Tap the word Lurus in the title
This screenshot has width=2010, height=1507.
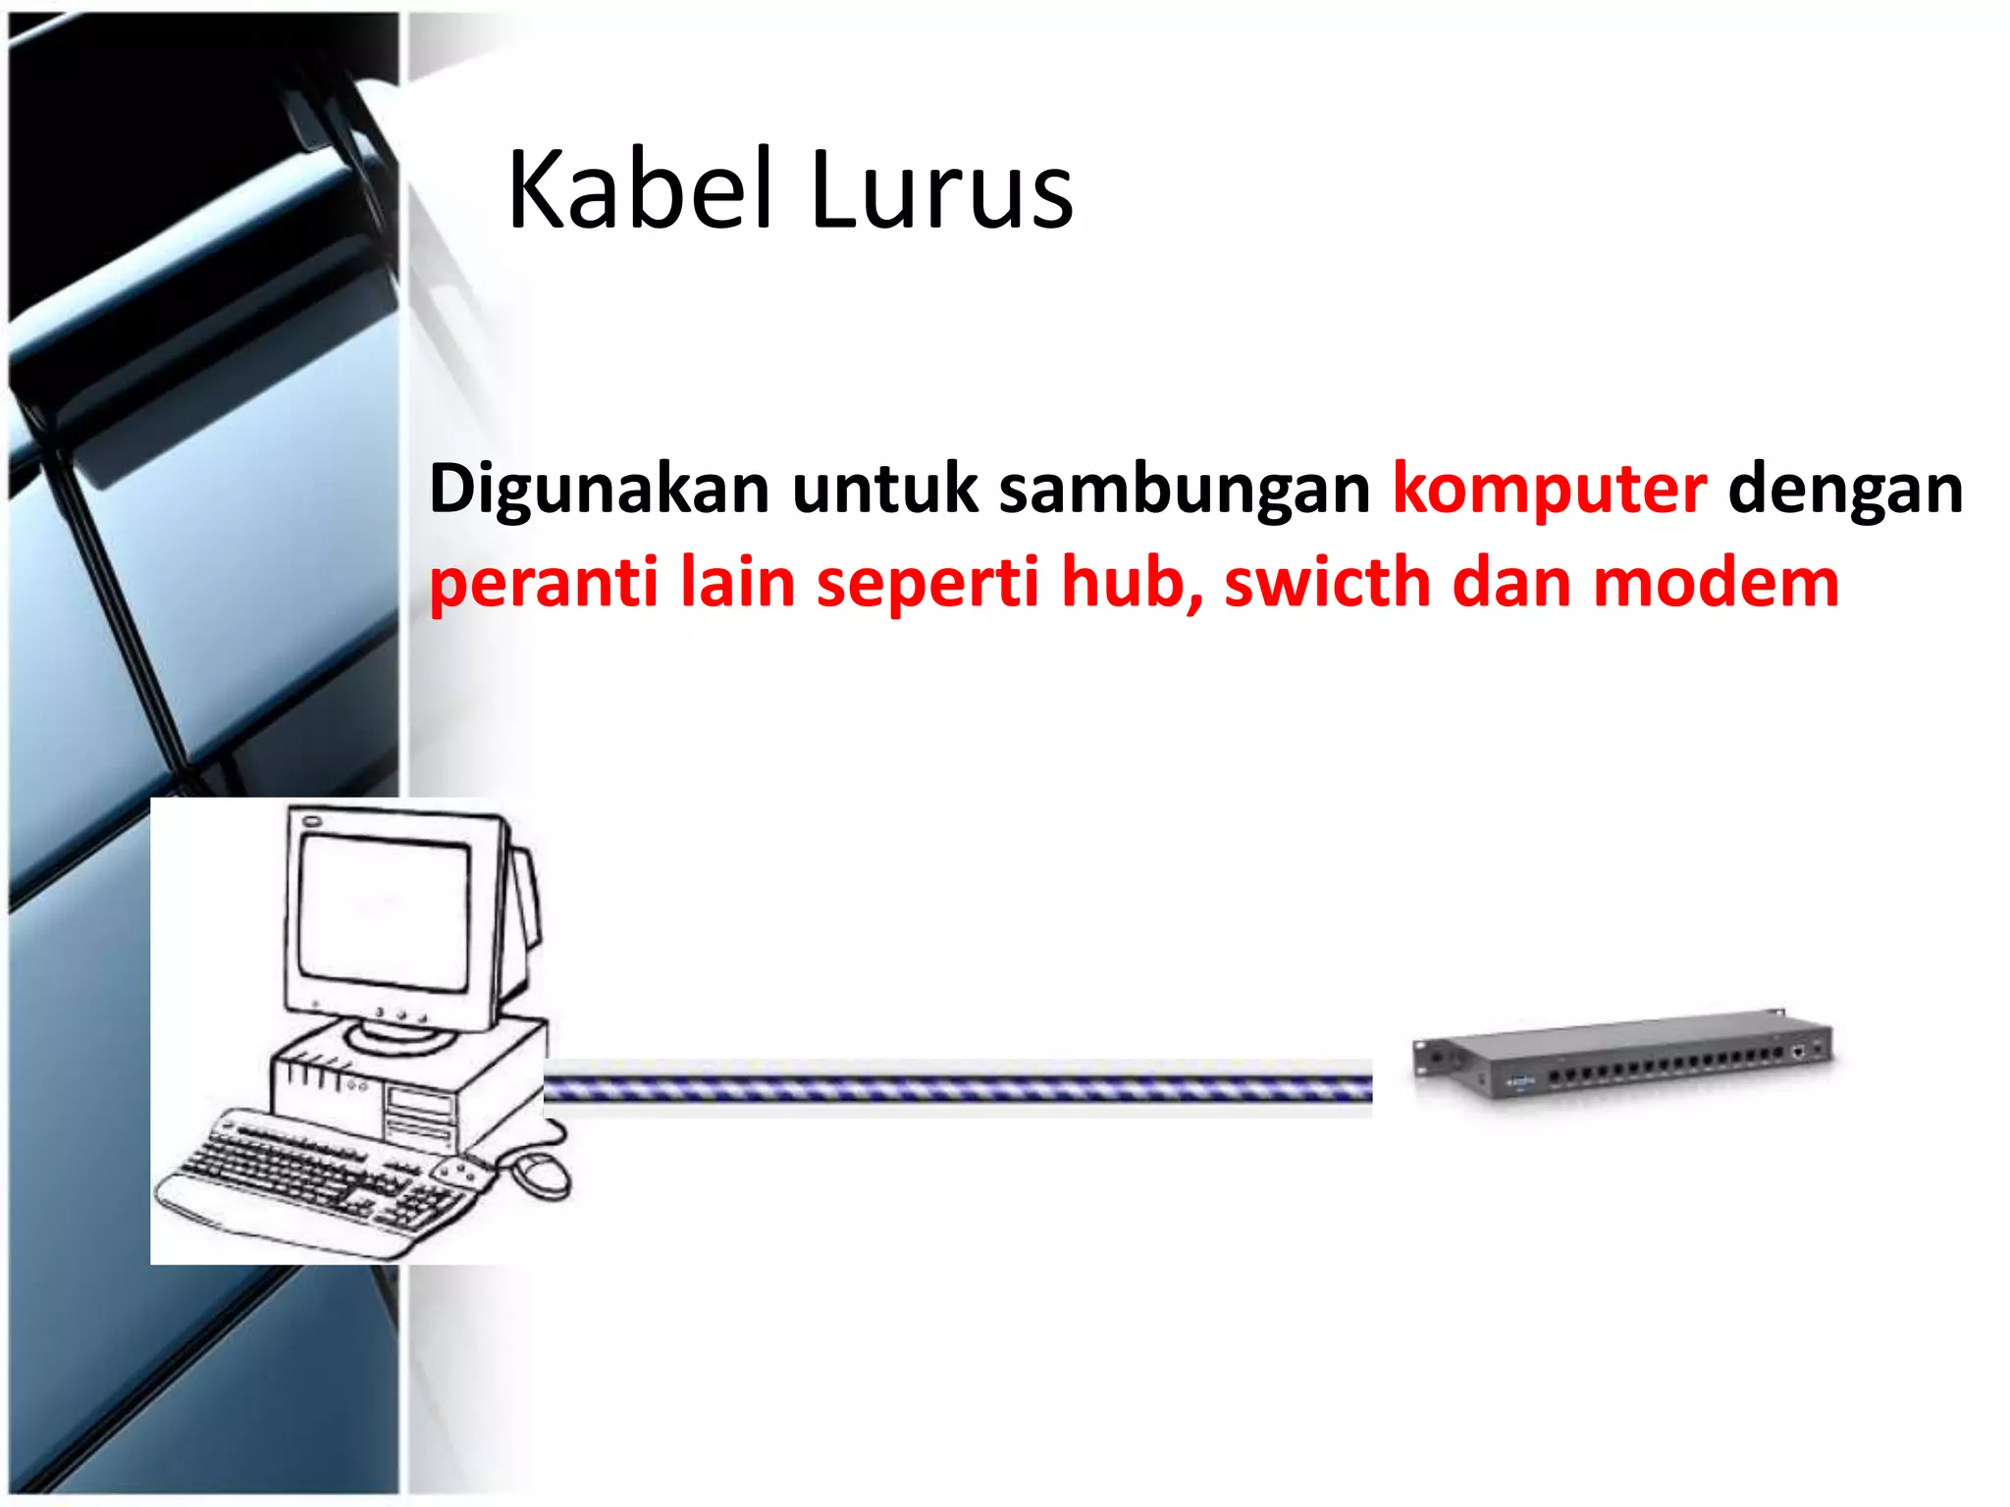click(x=941, y=191)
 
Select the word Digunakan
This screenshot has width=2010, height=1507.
click(x=599, y=490)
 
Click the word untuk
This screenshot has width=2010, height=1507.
click(x=884, y=488)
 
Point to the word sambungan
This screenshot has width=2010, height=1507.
click(x=1184, y=490)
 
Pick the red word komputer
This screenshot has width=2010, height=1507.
click(x=1549, y=490)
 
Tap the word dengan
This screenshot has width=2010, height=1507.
click(x=1845, y=490)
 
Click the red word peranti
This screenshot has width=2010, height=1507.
click(x=543, y=583)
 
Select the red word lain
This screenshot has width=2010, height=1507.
click(x=737, y=581)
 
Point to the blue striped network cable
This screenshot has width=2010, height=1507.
click(x=957, y=1087)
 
